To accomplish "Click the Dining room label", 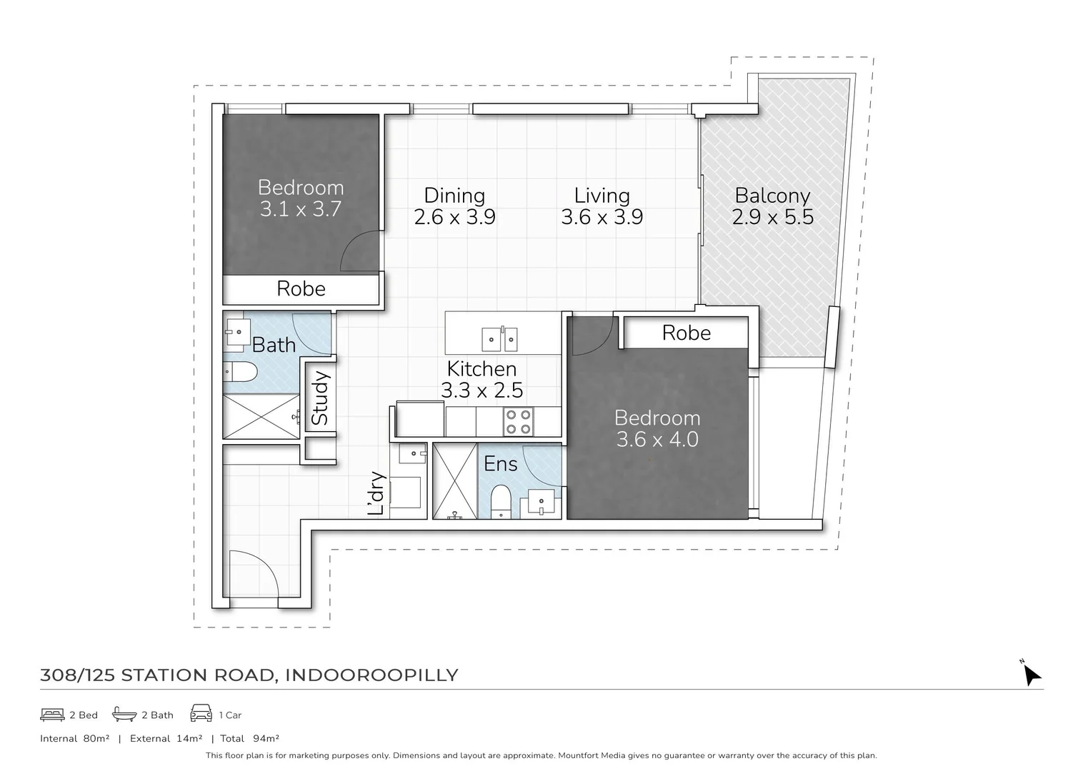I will (454, 196).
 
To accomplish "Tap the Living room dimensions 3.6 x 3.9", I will (602, 217).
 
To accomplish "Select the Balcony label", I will (772, 196).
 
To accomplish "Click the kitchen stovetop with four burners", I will (517, 421).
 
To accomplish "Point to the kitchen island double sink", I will (499, 339).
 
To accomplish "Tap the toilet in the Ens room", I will (501, 500).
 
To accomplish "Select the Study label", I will (320, 398).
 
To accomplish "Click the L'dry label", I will (376, 493).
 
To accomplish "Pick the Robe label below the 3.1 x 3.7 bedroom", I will (301, 289).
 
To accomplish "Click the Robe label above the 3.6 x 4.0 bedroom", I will (686, 333).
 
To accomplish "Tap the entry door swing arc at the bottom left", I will (250, 571).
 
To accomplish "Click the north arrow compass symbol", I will (1030, 672).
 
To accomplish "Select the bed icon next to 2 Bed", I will (52, 715).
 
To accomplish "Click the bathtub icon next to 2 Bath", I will (124, 715).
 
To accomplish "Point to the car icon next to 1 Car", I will (201, 714).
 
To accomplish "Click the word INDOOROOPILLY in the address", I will (371, 675).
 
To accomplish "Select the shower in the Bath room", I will (261, 416).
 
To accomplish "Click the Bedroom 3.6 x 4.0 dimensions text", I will (657, 440).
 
